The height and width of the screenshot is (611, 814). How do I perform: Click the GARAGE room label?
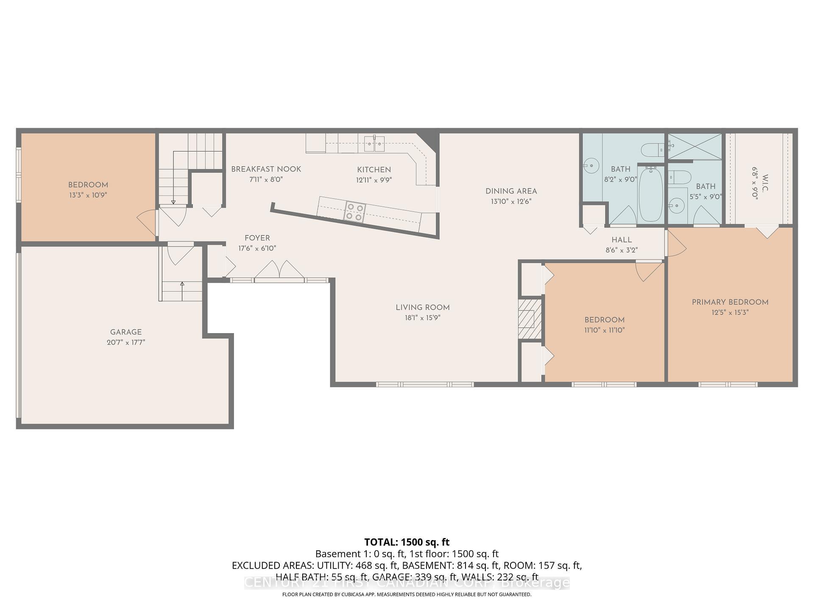(x=126, y=332)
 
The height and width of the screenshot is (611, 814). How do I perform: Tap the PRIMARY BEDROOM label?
(x=730, y=302)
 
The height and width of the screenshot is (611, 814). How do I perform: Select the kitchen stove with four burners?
(x=354, y=212)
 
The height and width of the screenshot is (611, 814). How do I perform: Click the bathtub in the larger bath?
(x=650, y=193)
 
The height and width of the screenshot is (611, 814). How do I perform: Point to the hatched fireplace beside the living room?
(x=530, y=319)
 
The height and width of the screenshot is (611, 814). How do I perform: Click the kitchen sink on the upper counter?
(x=374, y=143)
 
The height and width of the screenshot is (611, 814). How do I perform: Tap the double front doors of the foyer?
(x=279, y=270)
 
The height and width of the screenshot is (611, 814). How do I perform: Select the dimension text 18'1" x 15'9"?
(x=422, y=318)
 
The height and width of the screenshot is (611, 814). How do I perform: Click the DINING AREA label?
(x=511, y=191)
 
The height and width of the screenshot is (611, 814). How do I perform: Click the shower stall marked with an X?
(x=695, y=146)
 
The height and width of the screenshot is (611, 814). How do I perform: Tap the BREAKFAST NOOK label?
(x=266, y=169)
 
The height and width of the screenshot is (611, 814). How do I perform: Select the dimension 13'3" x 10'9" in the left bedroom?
(x=88, y=195)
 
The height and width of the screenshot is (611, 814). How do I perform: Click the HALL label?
(x=622, y=240)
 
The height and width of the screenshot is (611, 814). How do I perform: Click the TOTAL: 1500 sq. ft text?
(x=407, y=542)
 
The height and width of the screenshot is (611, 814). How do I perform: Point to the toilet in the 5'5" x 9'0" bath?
(x=680, y=177)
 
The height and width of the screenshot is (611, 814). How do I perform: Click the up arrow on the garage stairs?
(x=182, y=285)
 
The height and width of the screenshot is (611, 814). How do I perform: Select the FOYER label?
(x=257, y=238)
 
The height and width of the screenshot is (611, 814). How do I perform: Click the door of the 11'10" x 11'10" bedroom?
(x=649, y=272)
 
